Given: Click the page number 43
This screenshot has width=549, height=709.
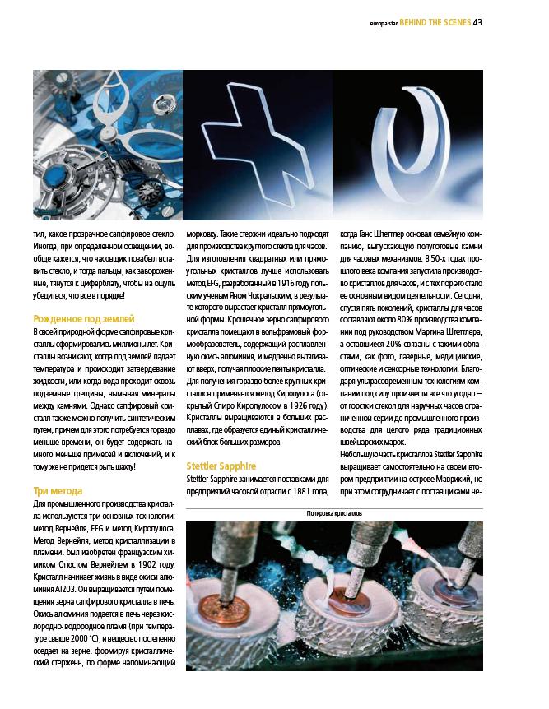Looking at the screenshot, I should [477, 22].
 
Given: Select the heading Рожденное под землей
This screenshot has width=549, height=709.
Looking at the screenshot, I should [83, 318].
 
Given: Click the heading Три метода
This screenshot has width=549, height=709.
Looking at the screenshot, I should [58, 491].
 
